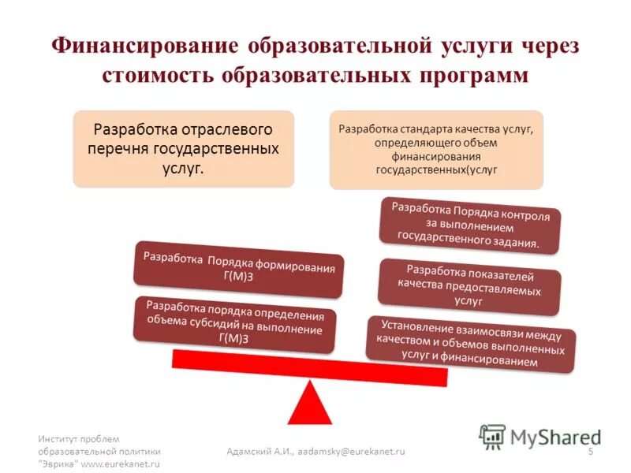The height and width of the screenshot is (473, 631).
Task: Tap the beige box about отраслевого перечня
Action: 183,148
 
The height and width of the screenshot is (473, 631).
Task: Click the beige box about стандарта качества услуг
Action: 436,149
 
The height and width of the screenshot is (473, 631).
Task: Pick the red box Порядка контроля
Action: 471,225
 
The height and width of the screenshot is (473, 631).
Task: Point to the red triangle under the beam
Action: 309,404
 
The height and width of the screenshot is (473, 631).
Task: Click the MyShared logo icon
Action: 493,436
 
